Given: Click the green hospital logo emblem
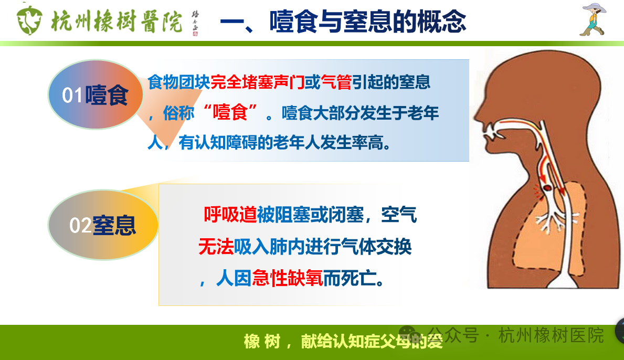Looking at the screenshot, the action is pos(29,20).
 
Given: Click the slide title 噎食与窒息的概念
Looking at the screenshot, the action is pos(367,22).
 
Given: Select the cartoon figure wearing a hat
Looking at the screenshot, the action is pos(594,19).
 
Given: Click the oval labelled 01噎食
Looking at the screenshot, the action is pos(96,94).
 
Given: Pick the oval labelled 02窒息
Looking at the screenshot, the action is pos(103,225).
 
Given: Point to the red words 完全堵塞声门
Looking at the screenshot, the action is pos(258,82).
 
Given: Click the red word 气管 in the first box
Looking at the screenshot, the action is pos(336,82).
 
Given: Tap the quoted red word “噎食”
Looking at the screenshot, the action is pos(230,113).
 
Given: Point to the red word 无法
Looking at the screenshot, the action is pos(216,246).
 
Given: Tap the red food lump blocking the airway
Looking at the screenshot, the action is pos(547,187).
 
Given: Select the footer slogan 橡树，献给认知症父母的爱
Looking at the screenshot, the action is pos(343,341).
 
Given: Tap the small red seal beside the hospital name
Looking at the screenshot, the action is pos(195,34).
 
